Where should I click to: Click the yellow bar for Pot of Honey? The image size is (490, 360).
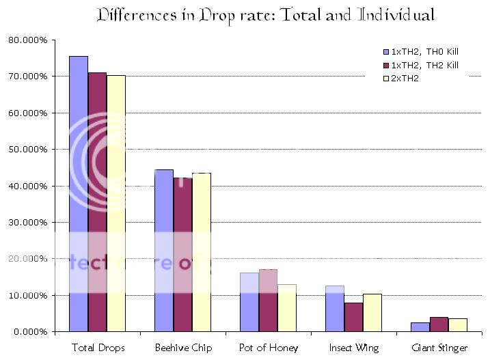(x=287, y=307)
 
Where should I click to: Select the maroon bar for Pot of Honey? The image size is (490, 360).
(x=268, y=301)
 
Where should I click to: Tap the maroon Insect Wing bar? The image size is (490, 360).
(x=353, y=317)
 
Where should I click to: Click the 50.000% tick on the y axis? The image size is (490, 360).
(x=28, y=149)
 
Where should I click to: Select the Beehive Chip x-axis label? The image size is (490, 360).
(x=182, y=348)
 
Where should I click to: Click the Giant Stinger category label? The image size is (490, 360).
(x=439, y=348)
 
